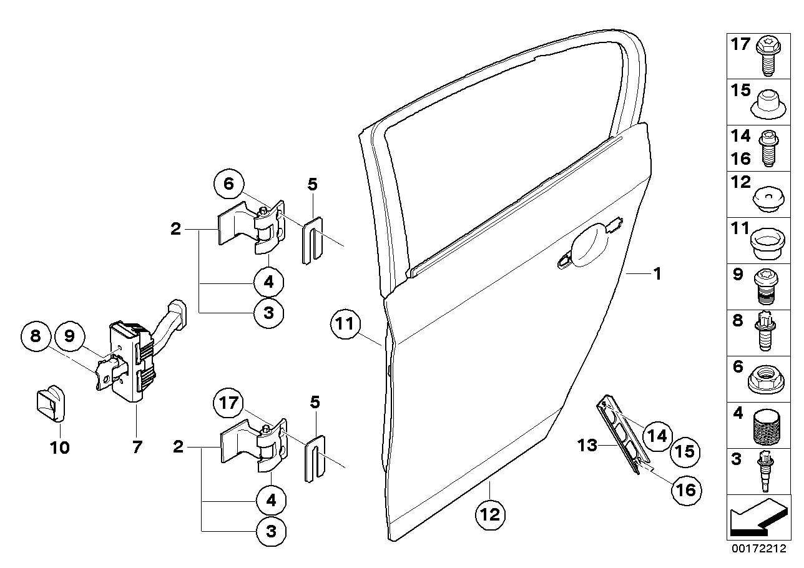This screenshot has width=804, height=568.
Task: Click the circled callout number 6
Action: click(228, 184)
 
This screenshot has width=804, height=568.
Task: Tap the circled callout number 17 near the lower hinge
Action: click(229, 403)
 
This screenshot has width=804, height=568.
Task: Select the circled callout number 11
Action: click(346, 324)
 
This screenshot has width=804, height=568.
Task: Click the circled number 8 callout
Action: click(35, 336)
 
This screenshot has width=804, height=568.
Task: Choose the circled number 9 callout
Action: click(69, 336)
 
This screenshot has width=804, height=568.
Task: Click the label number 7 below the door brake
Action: click(137, 447)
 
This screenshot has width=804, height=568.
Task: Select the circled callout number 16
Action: click(685, 490)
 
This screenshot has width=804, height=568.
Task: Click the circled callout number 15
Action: click(685, 451)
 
